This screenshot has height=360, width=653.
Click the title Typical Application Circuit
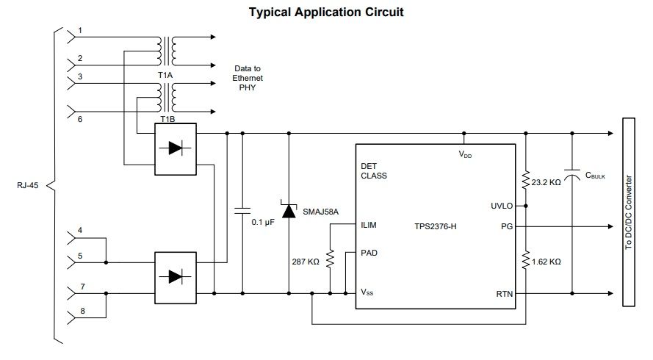[326, 12]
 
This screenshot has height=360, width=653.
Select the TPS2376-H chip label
[435, 227]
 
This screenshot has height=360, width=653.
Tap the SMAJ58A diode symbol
[289, 209]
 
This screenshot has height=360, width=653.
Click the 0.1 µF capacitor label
[263, 223]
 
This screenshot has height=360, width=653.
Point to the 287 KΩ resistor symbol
[331, 259]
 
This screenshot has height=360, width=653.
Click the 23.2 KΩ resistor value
[546, 182]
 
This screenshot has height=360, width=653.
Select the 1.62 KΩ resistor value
[546, 262]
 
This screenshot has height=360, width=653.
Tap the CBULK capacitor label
[595, 176]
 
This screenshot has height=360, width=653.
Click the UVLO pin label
[502, 206]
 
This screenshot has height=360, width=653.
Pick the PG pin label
[507, 227]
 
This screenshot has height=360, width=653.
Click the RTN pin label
[505, 294]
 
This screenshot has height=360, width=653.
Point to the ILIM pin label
[369, 225]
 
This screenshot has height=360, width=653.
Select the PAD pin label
[369, 253]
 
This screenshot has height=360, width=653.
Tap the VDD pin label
[465, 154]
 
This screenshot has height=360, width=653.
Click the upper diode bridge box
[176, 149]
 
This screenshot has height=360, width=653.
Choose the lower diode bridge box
[176, 278]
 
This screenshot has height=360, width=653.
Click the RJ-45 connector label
[27, 185]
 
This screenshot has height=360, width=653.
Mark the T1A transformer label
[165, 76]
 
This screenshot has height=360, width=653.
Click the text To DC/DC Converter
[629, 212]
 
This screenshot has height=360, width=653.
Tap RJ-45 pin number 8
[82, 311]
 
